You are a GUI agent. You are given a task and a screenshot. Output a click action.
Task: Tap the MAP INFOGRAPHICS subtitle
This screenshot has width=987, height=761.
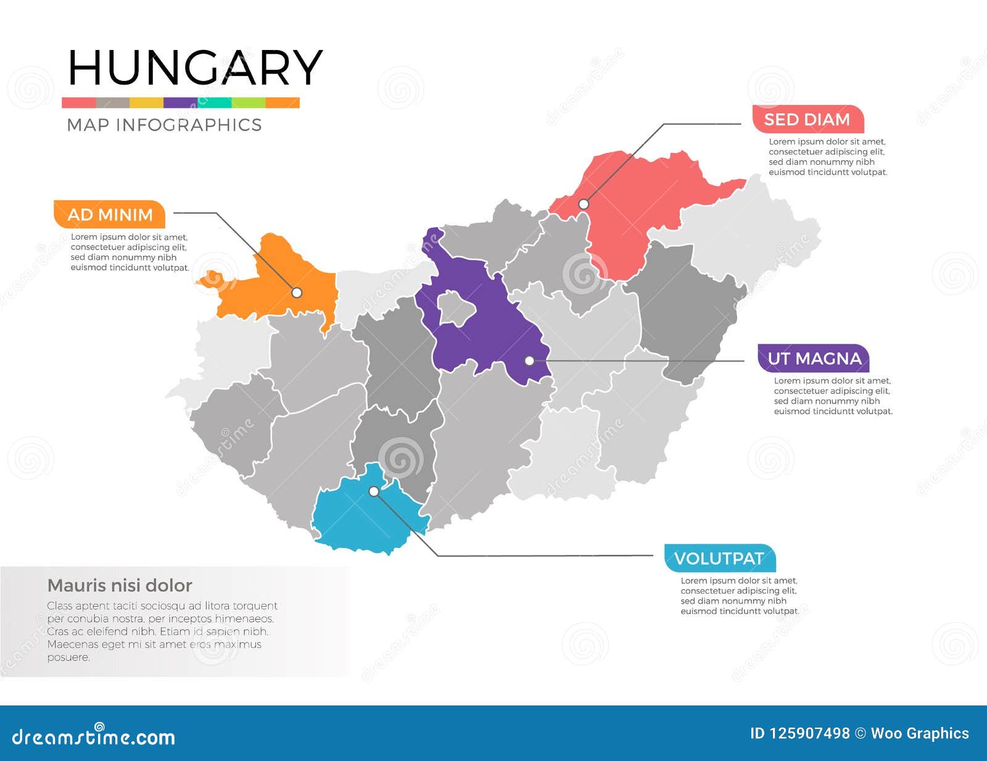coord(164,125)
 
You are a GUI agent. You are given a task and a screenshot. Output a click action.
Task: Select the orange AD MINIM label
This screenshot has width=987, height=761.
coord(110,215)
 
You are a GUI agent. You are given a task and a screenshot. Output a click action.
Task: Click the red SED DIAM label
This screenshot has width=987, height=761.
coord(807,119)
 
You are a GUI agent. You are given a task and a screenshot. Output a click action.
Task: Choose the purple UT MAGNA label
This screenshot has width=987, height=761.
coord(814,359)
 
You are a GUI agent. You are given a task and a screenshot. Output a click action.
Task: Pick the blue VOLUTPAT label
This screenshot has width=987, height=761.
coord(719,559)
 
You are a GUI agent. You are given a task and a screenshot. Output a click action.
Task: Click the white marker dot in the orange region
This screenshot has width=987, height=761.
coord(297,293)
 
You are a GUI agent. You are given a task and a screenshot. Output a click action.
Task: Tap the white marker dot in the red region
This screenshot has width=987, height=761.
coord(584,204)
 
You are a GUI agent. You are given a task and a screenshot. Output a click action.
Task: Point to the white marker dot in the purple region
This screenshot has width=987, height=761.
coord(529,361)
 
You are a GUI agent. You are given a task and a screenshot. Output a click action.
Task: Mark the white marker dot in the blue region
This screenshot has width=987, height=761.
coord(374,492)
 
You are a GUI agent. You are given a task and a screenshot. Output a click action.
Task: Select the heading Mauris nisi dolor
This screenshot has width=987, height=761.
coord(120,585)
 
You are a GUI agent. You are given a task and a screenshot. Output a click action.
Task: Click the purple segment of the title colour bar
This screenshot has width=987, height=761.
coord(180,103)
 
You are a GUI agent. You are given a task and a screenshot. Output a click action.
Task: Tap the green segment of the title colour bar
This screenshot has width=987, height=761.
coord(248,103)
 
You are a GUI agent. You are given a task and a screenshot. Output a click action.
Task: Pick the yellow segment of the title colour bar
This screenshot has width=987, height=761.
coord(146,103)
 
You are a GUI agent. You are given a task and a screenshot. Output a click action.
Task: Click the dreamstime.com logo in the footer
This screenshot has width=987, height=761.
coord(94,736)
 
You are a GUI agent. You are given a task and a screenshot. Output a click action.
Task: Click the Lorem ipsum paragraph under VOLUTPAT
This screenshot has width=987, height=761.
coord(739,596)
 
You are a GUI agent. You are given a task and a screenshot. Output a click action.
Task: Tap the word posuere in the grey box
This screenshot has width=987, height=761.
coord(68,657)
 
